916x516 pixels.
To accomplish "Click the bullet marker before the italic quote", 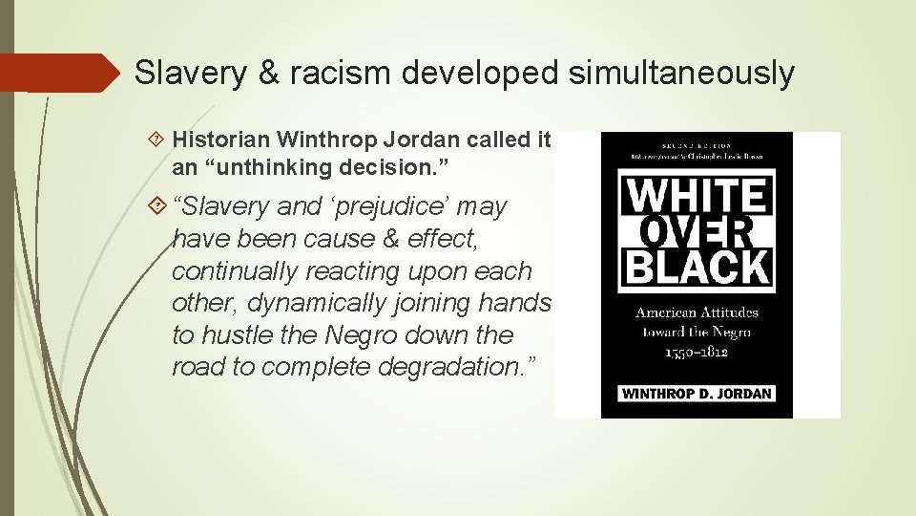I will click(158, 205).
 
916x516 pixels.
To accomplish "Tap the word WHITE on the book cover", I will click(696, 197).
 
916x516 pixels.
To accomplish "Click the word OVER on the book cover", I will click(696, 230).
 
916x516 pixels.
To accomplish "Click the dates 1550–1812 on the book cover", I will click(697, 352).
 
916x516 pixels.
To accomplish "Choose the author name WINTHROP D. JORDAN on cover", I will click(697, 394).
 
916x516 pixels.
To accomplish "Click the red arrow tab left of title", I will click(57, 73).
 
